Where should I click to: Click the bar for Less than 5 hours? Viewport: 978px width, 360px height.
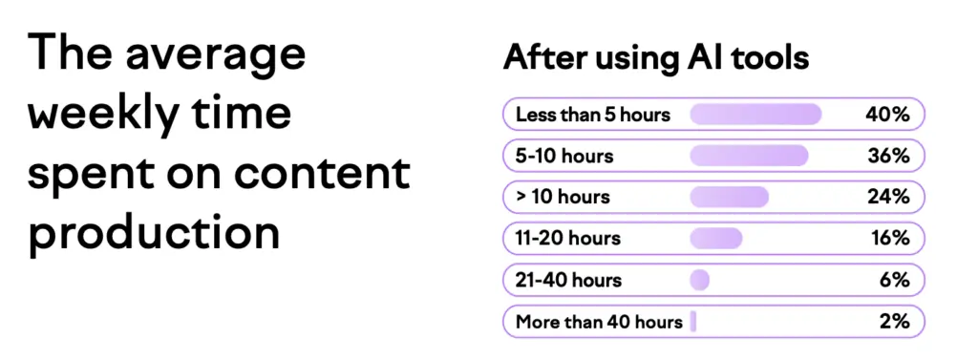755,115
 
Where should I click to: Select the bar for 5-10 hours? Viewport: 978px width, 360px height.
749,156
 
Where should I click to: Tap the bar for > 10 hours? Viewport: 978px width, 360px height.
729,197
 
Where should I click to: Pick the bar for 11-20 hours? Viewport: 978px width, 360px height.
716,239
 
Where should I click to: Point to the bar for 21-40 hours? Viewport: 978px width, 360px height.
699,280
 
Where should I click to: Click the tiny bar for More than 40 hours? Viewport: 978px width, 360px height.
693,321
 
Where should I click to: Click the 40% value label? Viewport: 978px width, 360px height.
887,115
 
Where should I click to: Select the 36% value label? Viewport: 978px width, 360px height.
888,156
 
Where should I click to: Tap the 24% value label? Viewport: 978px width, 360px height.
888,197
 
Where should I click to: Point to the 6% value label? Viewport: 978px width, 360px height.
894,280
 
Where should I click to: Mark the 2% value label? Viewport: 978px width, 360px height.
894,321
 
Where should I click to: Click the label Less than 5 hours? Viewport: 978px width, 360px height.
592,115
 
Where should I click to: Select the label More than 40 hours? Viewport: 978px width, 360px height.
599,322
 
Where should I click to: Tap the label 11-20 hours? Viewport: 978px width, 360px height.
567,239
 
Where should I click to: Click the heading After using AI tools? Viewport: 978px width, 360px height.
655,57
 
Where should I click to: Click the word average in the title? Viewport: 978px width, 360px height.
215,54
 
